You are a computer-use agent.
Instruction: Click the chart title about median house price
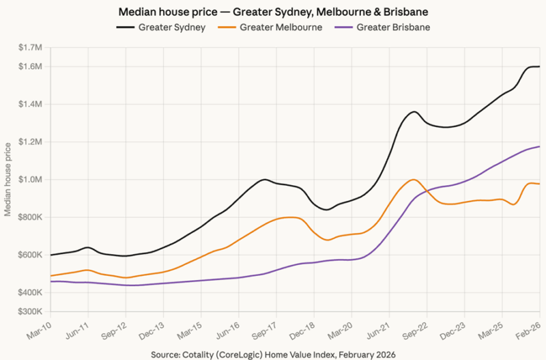point(273,12)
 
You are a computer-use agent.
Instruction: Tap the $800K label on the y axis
point(31,217)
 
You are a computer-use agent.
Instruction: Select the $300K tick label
point(31,311)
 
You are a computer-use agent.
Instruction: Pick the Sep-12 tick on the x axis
point(115,327)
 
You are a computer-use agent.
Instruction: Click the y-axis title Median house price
point(8,180)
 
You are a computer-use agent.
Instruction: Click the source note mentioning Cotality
point(273,352)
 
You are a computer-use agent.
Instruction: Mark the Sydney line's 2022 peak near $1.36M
point(414,111)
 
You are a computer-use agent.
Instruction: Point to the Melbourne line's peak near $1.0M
point(414,180)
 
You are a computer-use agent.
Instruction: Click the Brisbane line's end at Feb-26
point(540,146)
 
